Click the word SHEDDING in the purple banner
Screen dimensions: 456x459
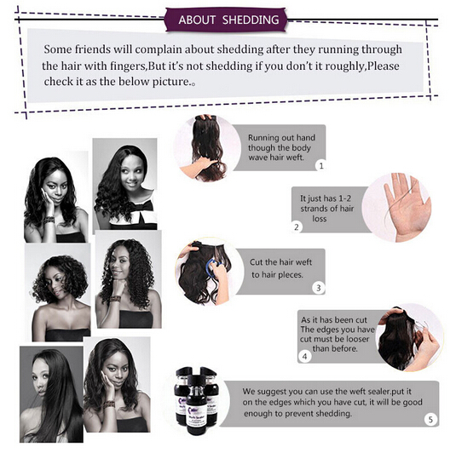[251, 20]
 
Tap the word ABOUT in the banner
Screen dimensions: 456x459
[197, 20]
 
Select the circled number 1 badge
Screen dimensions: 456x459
[321, 166]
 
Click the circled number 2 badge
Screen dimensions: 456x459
[297, 227]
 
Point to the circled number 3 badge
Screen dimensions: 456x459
[319, 288]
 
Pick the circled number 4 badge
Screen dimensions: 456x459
[305, 357]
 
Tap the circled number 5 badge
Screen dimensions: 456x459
[430, 420]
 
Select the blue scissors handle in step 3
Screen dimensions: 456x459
[212, 265]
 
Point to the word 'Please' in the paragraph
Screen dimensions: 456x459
[384, 66]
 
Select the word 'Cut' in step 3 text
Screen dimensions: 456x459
[256, 262]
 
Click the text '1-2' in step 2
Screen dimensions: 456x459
[344, 198]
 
